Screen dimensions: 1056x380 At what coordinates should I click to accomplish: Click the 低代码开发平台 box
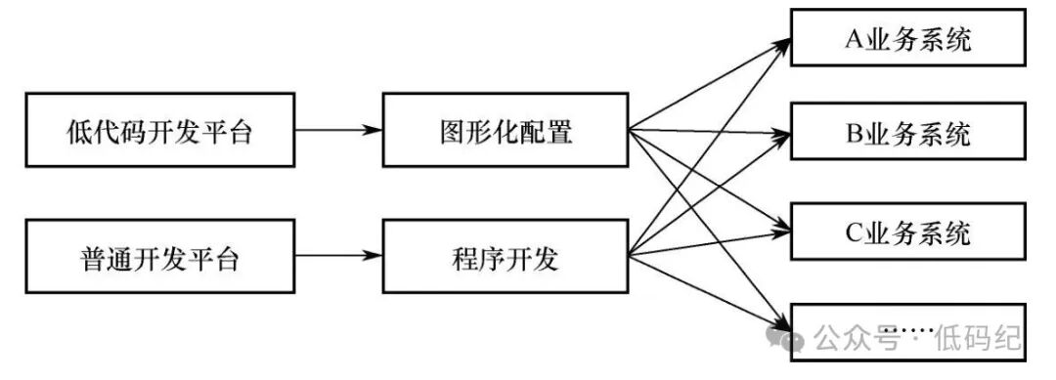(x=160, y=130)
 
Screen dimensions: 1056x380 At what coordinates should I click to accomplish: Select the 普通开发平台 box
(x=160, y=256)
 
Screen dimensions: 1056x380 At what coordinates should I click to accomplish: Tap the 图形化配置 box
(x=506, y=130)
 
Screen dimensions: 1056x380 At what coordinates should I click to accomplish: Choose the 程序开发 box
(x=506, y=256)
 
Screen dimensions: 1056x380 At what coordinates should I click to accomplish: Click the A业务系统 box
(x=907, y=37)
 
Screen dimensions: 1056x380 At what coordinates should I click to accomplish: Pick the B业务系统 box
(x=907, y=131)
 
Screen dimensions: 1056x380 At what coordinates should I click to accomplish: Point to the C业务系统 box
(x=907, y=231)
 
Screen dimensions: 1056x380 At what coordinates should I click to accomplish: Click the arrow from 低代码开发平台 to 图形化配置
(x=338, y=130)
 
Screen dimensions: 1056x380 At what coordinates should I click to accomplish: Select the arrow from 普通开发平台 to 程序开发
(x=338, y=256)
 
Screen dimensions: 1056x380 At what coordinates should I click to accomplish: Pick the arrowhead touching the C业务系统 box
(x=781, y=231)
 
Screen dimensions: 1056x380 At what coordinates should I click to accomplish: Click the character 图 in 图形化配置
(x=454, y=132)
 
